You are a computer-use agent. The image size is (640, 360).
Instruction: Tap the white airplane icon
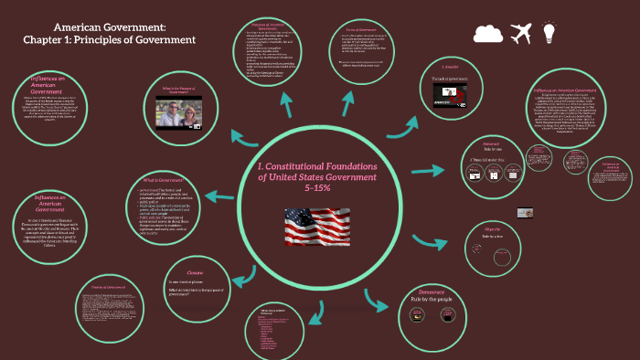[520, 34]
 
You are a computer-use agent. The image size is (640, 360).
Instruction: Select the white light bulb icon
[549, 34]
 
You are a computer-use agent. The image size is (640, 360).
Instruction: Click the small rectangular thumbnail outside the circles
[525, 213]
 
